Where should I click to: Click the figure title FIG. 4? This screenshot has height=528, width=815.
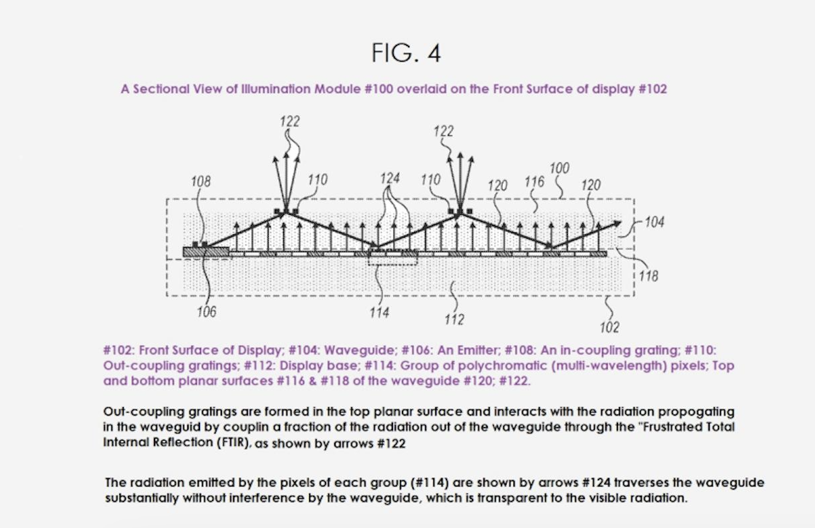pyautogui.click(x=406, y=53)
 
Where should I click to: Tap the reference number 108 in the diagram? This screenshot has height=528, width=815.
pyautogui.click(x=201, y=181)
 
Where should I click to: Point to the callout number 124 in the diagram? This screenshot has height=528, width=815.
pyautogui.click(x=390, y=178)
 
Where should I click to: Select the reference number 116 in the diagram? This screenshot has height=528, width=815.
pyautogui.click(x=534, y=181)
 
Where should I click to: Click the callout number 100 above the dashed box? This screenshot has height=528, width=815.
pyautogui.click(x=560, y=168)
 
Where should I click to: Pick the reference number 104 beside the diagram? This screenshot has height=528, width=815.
pyautogui.click(x=655, y=222)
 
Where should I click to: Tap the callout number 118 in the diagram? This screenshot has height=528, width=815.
pyautogui.click(x=648, y=277)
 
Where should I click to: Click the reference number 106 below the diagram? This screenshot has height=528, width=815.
pyautogui.click(x=207, y=312)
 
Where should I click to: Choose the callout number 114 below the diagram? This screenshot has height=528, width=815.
pyautogui.click(x=380, y=313)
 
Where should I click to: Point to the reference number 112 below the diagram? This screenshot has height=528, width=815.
pyautogui.click(x=454, y=320)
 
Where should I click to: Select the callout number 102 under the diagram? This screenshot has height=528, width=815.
pyautogui.click(x=610, y=328)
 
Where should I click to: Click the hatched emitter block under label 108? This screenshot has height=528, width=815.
pyautogui.click(x=206, y=252)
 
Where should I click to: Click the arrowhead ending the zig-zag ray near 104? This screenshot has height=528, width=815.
pyautogui.click(x=618, y=223)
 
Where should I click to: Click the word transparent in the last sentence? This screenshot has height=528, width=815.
pyautogui.click(x=515, y=498)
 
